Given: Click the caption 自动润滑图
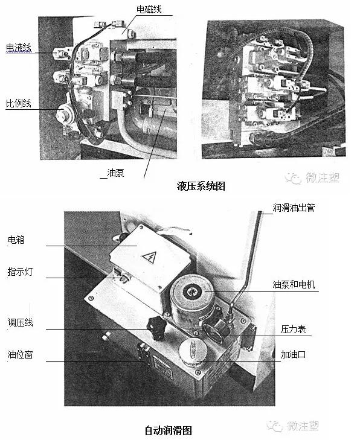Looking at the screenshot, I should pyautogui.click(x=168, y=430).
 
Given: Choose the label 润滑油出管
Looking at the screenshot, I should pyautogui.click(x=294, y=208).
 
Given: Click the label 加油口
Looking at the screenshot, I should pyautogui.click(x=294, y=355).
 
